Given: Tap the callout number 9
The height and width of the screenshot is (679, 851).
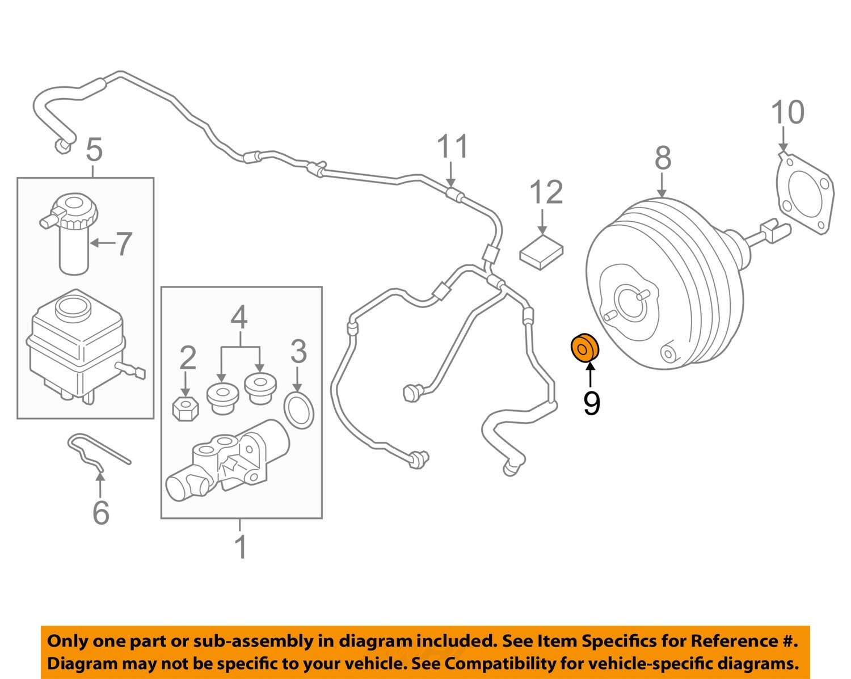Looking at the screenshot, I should [591, 403].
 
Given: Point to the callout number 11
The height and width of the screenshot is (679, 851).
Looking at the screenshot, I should [452, 146].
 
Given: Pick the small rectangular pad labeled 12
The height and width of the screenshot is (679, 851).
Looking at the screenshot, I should [541, 251].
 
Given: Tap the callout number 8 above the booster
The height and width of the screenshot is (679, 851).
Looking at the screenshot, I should [663, 158].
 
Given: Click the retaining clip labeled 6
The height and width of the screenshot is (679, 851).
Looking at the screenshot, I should [96, 452].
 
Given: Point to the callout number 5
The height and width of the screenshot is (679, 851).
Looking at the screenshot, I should [94, 150].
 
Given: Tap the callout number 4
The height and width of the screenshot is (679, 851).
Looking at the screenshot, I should [239, 318].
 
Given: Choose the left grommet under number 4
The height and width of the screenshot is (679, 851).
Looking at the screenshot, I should [222, 398].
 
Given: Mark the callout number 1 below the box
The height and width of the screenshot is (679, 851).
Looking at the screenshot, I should [241, 547].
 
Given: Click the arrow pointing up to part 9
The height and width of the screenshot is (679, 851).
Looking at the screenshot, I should [591, 376].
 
